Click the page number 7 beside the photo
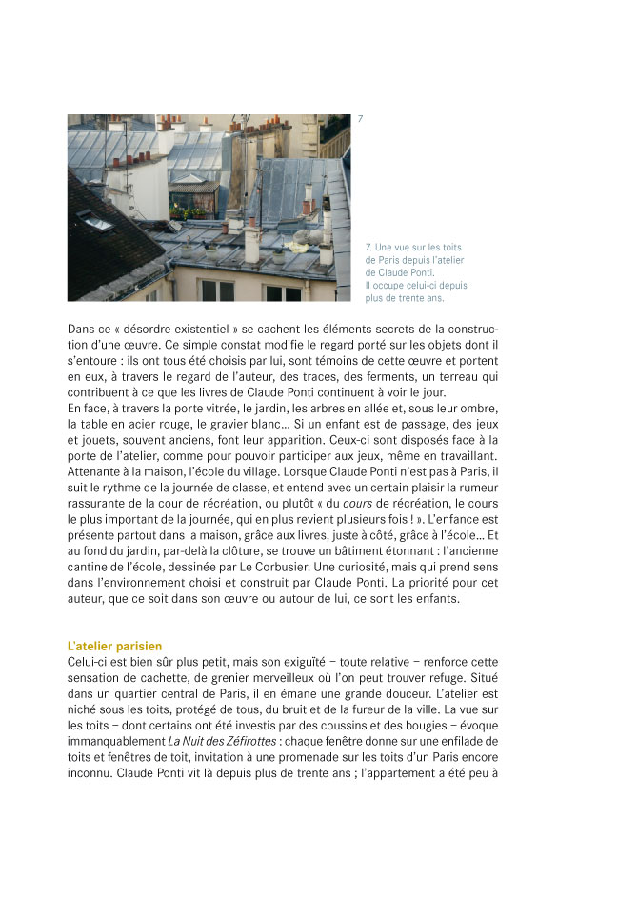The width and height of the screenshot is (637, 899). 360,119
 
